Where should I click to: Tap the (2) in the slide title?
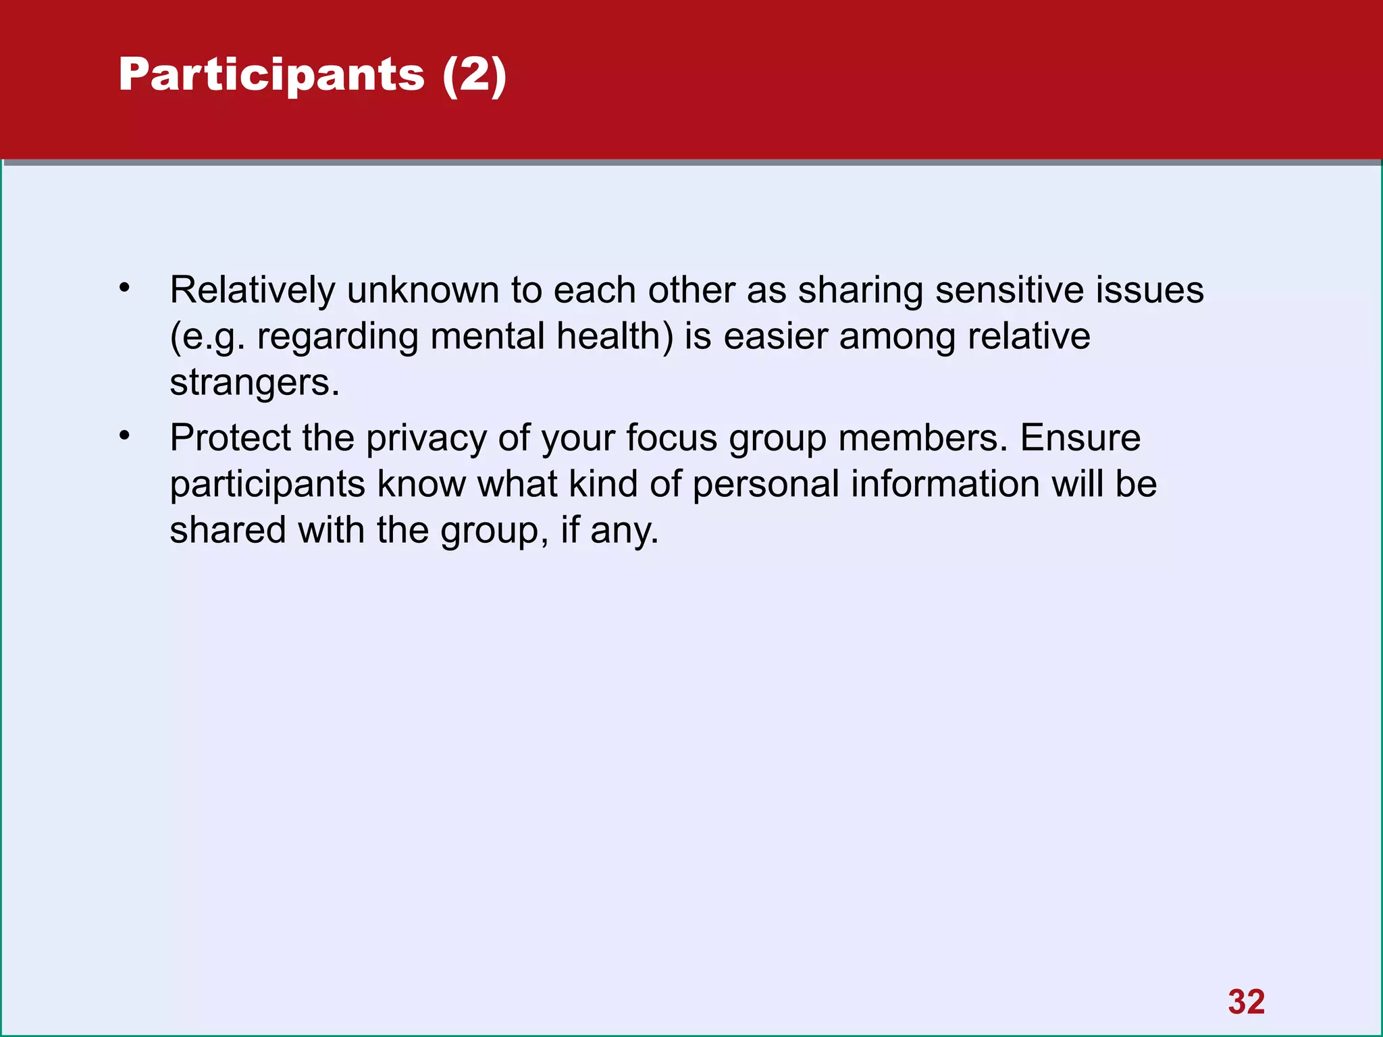[474, 76]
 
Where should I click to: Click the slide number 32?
[1246, 1002]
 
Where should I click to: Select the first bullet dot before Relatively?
[124, 288]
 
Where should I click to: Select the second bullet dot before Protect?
[124, 435]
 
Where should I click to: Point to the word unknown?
[423, 290]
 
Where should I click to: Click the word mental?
[487, 336]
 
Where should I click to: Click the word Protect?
[230, 437]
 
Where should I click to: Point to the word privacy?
[426, 439]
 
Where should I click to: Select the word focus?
[671, 437]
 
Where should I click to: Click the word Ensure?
[1080, 437]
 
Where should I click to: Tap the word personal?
[766, 484]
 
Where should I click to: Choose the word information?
[945, 483]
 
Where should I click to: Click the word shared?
[228, 530]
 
